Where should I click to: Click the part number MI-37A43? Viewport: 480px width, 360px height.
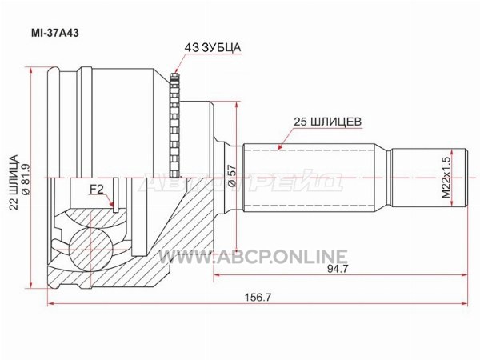point(55,33)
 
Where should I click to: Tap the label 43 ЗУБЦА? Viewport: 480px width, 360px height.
point(213,48)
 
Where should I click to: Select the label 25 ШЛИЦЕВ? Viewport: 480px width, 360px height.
point(327,122)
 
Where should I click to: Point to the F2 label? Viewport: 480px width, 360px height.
point(97,190)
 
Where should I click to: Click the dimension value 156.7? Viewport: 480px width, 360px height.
point(258,297)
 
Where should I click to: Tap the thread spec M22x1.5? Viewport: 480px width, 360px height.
point(446,178)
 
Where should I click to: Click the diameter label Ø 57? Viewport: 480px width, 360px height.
point(232,176)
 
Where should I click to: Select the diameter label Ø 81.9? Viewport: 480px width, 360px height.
point(26,179)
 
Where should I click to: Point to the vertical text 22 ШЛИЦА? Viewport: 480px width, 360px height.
point(14,182)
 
